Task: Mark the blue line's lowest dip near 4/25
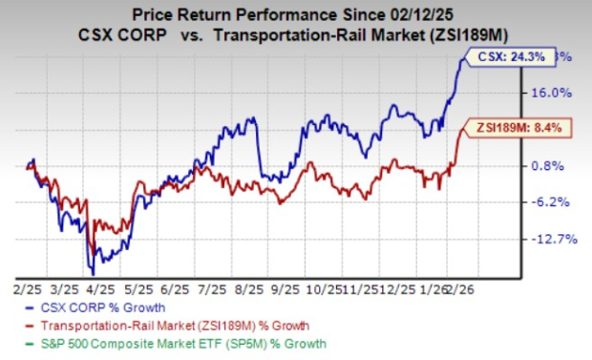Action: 91,274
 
